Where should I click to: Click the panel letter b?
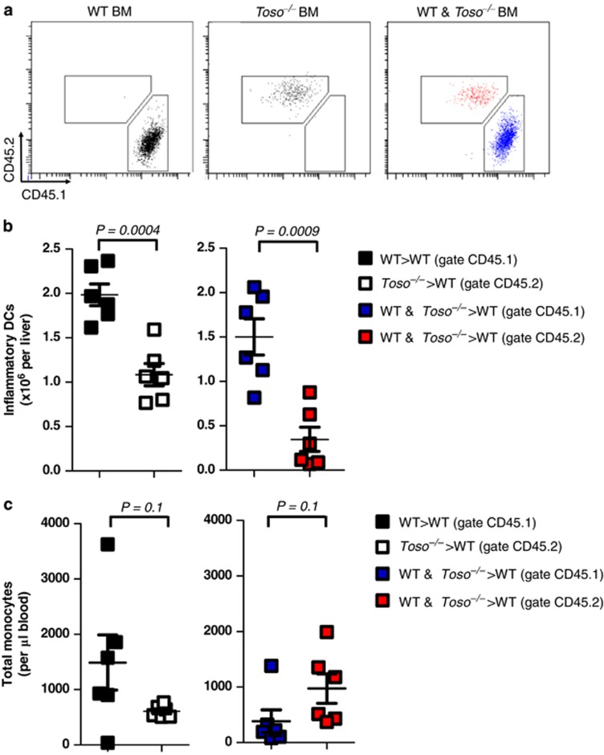click(x=8, y=228)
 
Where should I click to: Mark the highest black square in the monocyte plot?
click(x=108, y=545)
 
